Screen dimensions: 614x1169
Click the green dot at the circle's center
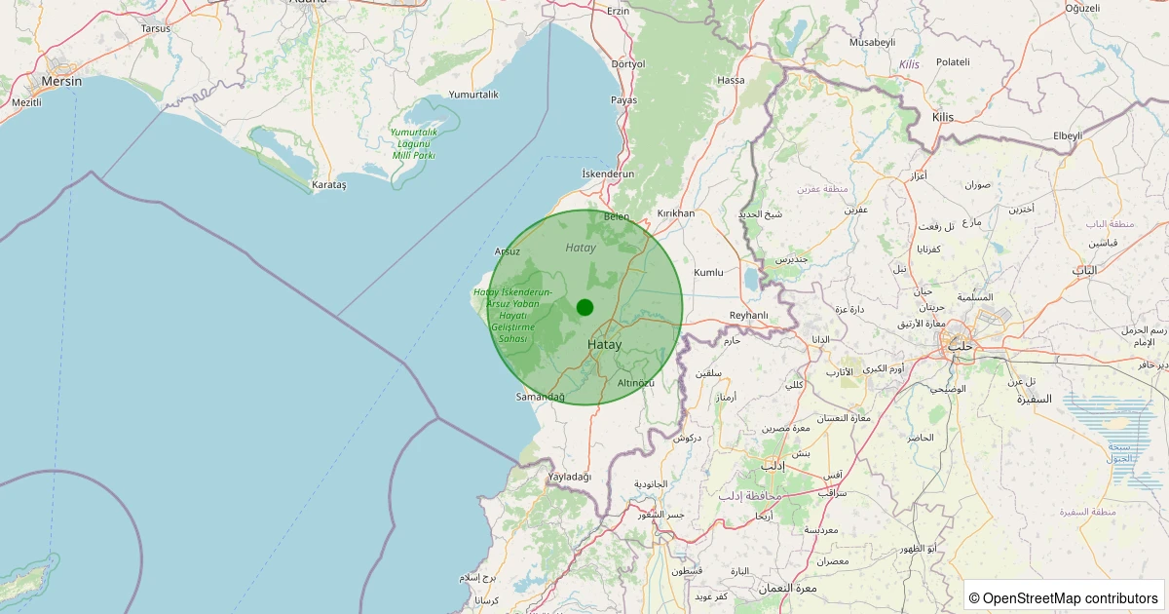click(x=584, y=307)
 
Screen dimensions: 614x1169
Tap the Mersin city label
click(x=61, y=82)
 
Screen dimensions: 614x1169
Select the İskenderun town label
click(x=608, y=173)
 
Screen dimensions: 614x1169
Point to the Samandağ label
click(x=541, y=397)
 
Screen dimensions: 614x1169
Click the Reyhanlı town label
click(x=749, y=315)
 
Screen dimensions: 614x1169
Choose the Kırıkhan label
click(x=676, y=213)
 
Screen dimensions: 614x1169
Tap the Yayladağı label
click(x=570, y=477)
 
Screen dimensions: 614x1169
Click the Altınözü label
click(x=636, y=383)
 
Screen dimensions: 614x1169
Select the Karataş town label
click(x=328, y=184)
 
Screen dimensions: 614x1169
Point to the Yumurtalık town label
click(x=473, y=95)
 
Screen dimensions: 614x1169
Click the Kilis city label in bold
click(x=943, y=117)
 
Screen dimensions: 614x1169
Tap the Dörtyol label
click(x=628, y=64)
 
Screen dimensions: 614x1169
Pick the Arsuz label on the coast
click(x=508, y=251)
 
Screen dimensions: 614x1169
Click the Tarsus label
click(x=156, y=28)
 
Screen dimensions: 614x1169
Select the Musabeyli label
click(x=872, y=43)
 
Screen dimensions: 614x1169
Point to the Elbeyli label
click(x=1068, y=135)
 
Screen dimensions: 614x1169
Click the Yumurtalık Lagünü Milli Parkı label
click(x=413, y=143)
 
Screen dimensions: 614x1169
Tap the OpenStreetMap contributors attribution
click(x=1065, y=597)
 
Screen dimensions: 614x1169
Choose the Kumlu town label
click(x=708, y=273)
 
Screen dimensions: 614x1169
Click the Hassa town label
click(x=731, y=80)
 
